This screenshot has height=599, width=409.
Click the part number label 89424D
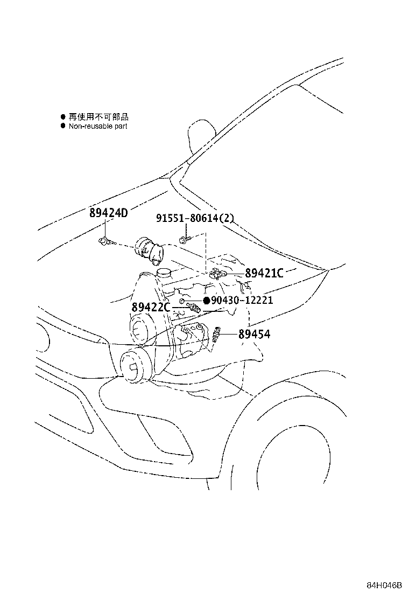click(x=108, y=212)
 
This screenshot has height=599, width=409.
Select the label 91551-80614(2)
click(x=195, y=218)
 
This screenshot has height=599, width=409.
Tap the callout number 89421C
click(x=264, y=273)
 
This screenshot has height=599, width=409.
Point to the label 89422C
click(x=151, y=307)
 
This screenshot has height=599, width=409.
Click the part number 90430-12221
click(x=242, y=300)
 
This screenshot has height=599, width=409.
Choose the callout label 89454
click(x=254, y=335)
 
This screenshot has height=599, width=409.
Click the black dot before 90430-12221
click(x=207, y=301)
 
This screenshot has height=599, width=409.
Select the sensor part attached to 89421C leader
click(x=217, y=274)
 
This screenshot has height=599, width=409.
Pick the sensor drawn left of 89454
click(x=217, y=334)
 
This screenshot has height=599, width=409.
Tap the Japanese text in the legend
click(x=98, y=117)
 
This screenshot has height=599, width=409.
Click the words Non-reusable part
click(x=97, y=126)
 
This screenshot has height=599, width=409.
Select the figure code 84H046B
click(x=385, y=585)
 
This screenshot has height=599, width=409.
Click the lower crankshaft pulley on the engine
click(x=135, y=366)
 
